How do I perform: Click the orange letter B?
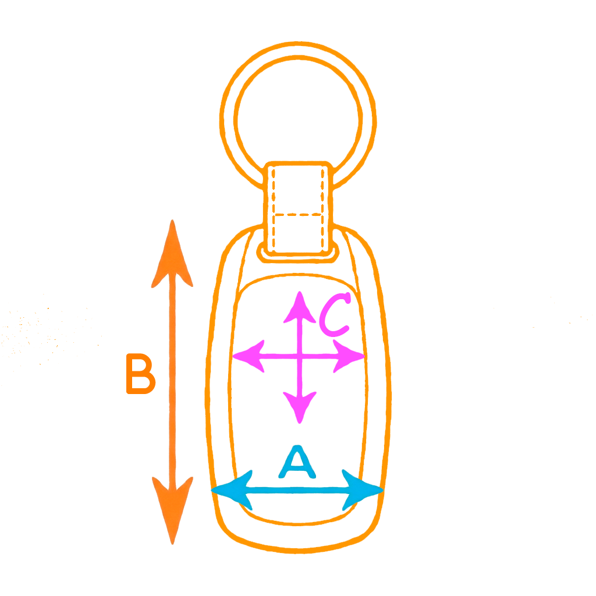click(140, 374)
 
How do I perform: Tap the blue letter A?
click(297, 462)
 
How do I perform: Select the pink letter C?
click(334, 315)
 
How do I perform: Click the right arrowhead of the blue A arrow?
click(363, 490)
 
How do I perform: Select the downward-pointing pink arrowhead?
click(300, 407)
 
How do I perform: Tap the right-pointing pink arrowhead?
click(349, 356)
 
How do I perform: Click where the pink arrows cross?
click(300, 356)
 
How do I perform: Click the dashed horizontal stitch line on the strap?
click(298, 215)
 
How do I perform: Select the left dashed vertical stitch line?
click(274, 208)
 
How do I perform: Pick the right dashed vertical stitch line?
click(322, 208)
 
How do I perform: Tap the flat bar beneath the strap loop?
click(298, 258)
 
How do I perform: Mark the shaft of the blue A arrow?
click(297, 490)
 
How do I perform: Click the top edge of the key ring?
click(298, 43)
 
